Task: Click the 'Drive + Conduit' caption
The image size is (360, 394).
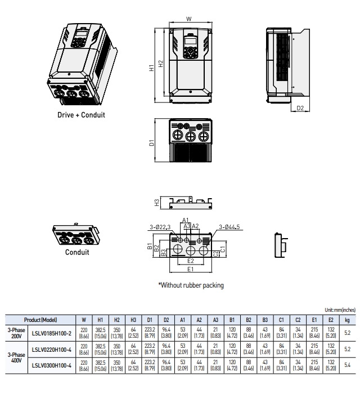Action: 81,115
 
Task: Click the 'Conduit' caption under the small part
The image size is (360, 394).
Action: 77,252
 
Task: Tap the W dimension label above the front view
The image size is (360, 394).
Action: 188,19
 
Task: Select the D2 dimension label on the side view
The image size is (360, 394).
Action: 300,108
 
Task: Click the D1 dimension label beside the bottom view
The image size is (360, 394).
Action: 151,143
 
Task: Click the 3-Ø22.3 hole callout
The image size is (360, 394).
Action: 160,226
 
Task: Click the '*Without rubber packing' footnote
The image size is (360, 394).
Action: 191,285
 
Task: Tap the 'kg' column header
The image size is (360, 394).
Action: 346,320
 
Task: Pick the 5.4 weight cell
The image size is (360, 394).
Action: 346,365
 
